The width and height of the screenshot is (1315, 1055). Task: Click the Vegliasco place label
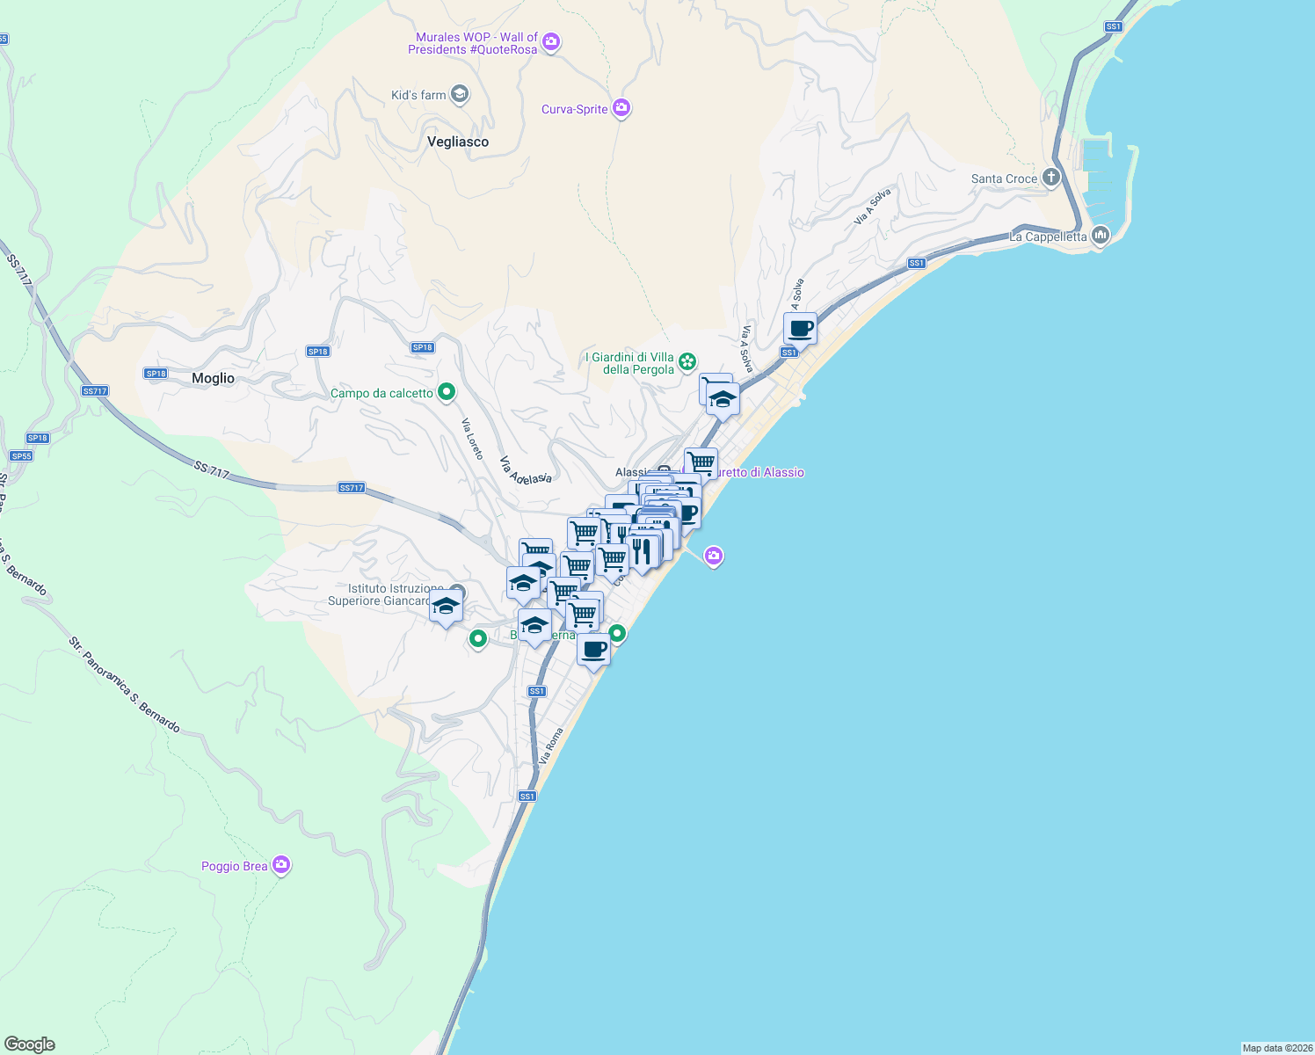point(457,142)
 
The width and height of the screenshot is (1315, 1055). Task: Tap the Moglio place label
point(213,378)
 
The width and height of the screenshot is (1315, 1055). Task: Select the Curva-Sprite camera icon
point(621,108)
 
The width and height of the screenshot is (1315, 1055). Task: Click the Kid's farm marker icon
point(459,94)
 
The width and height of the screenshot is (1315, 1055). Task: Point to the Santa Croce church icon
point(1050,178)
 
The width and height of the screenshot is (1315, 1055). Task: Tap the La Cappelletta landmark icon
point(1100,236)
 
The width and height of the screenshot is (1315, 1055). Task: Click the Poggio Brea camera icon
point(281,865)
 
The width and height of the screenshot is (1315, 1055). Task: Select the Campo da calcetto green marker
point(447,392)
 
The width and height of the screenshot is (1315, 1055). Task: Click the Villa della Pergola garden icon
point(687,361)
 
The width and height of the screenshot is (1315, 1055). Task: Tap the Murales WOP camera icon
point(551,41)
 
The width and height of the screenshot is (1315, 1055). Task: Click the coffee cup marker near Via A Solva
point(800,330)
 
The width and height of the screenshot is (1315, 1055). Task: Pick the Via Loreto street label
point(473,439)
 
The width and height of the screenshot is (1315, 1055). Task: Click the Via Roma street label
point(551,746)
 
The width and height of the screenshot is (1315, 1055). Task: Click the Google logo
point(30,1044)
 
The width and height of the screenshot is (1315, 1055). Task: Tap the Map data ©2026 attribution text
point(1277,1048)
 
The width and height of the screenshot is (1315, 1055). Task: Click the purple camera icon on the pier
point(714,556)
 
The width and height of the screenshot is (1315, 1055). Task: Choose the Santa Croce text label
point(1004,178)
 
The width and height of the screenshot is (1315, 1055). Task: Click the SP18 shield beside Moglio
point(156,374)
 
